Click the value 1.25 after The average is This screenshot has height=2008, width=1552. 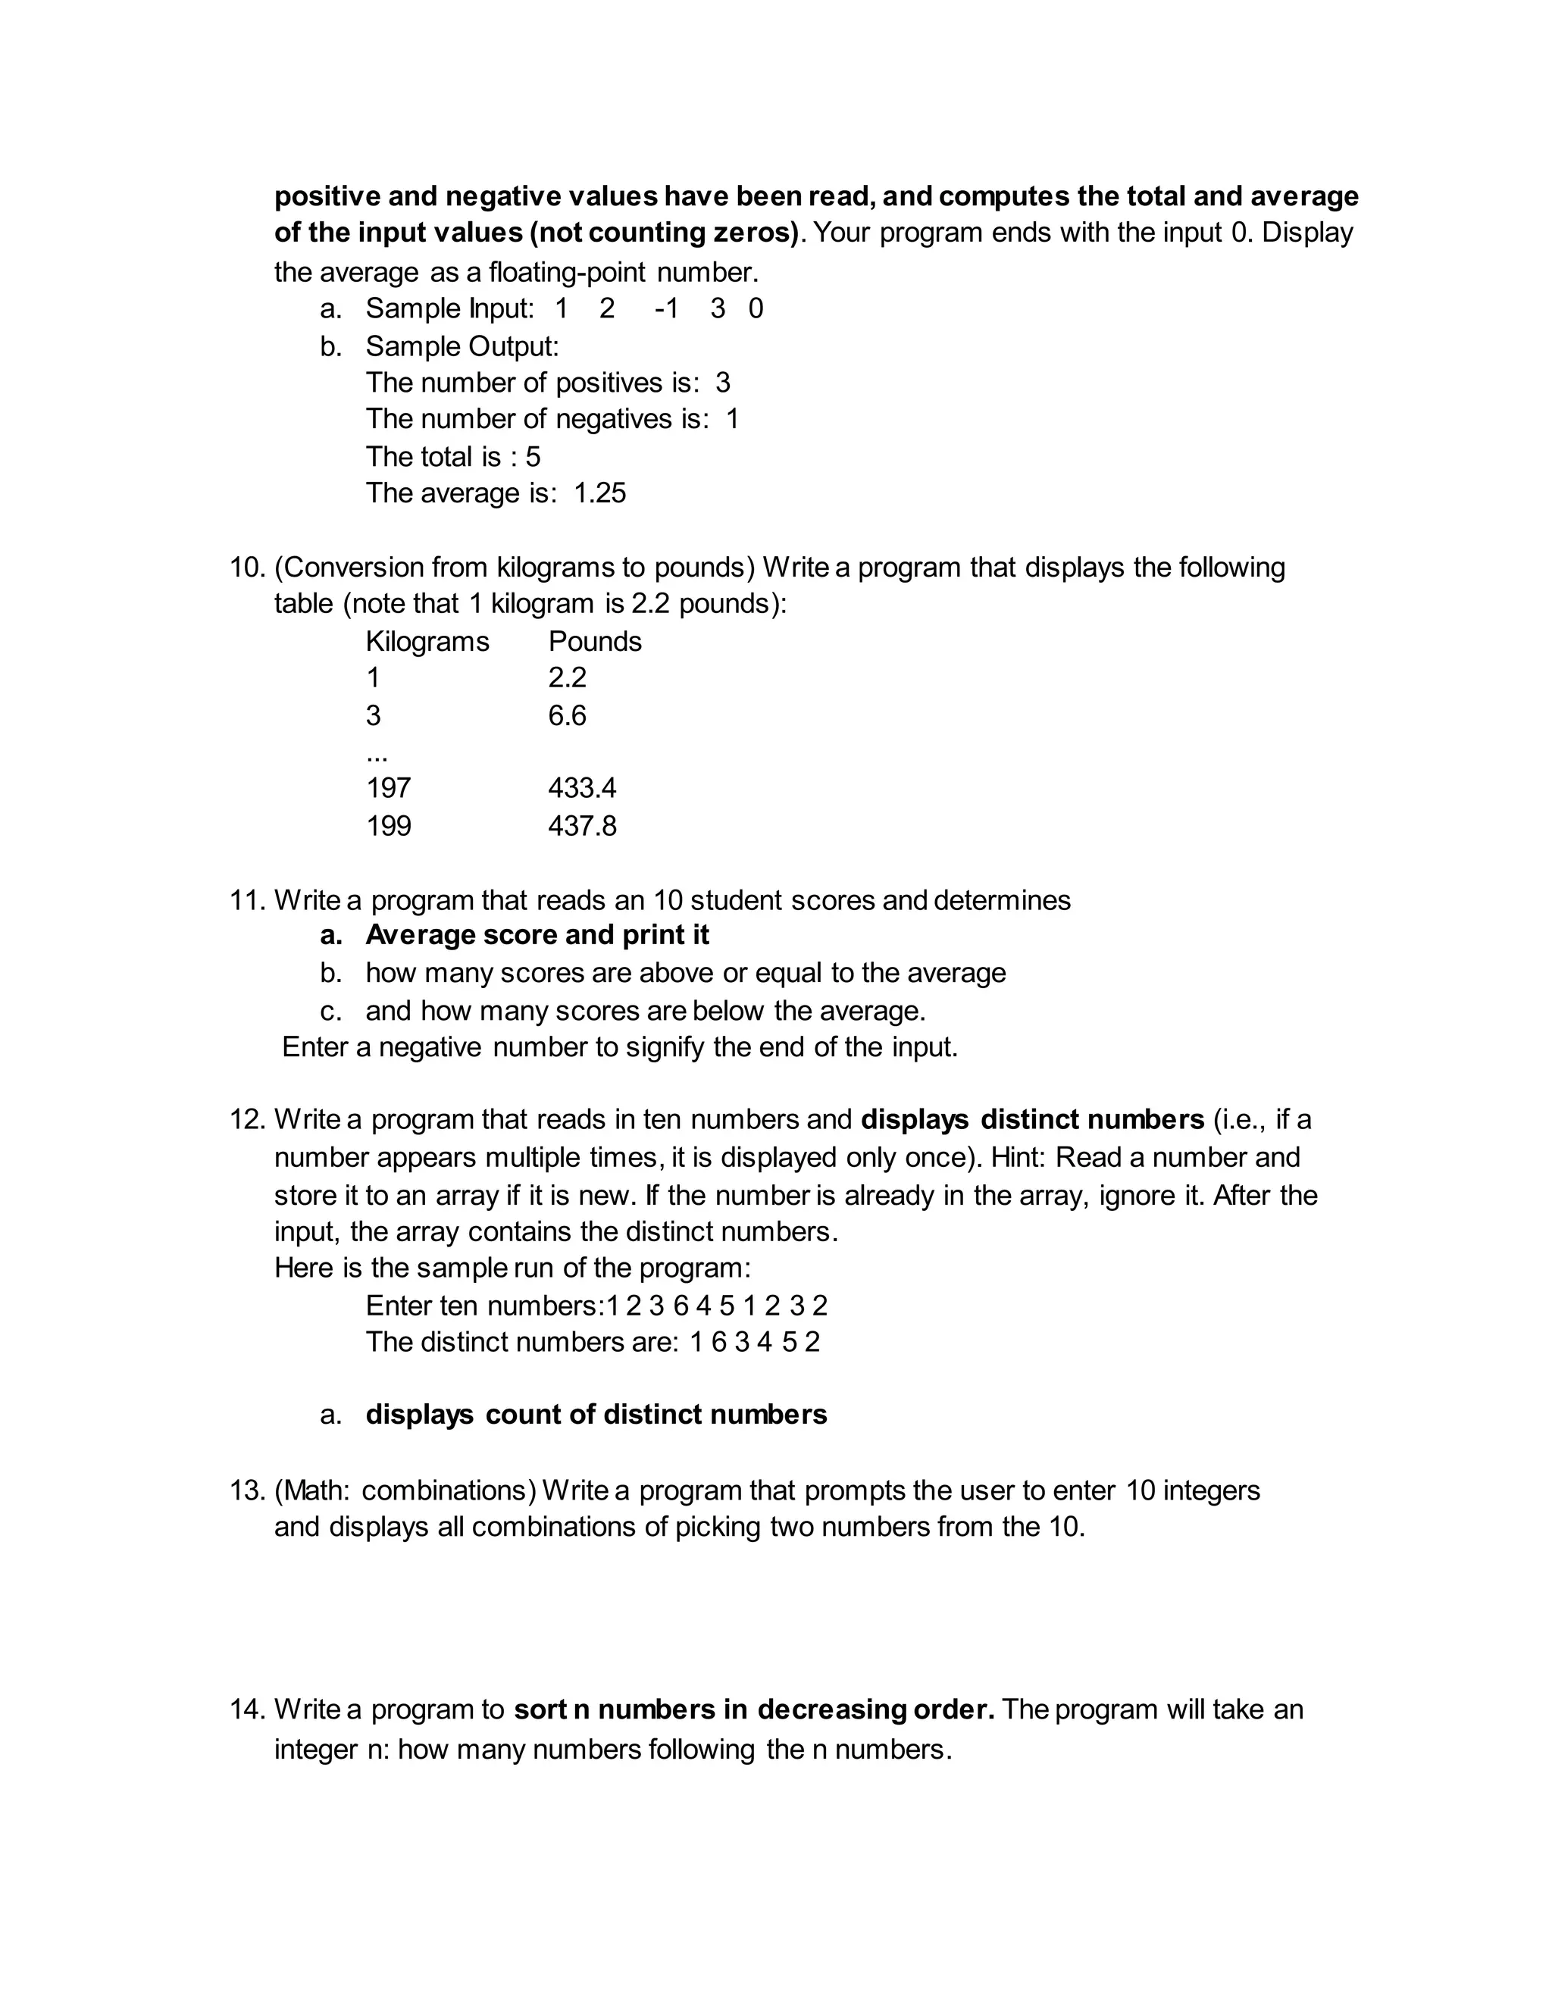[x=599, y=494]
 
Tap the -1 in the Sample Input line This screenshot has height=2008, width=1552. [x=667, y=309]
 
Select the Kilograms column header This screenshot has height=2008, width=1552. [x=427, y=642]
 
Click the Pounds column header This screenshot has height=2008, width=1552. [x=595, y=642]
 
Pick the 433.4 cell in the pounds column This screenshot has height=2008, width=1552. [x=582, y=788]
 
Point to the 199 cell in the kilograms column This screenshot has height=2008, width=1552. [x=389, y=826]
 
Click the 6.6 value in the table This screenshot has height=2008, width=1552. [x=568, y=715]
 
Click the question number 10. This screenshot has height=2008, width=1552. [x=246, y=568]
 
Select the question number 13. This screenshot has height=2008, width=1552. [x=246, y=1490]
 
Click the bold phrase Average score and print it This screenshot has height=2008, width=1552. [x=537, y=935]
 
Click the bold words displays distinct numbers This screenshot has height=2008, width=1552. [x=1031, y=1120]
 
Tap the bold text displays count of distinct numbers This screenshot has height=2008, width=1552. [x=596, y=1414]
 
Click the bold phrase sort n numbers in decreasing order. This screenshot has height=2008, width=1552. [x=754, y=1709]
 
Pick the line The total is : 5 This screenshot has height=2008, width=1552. [x=453, y=457]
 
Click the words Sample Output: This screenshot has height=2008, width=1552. [x=462, y=346]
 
